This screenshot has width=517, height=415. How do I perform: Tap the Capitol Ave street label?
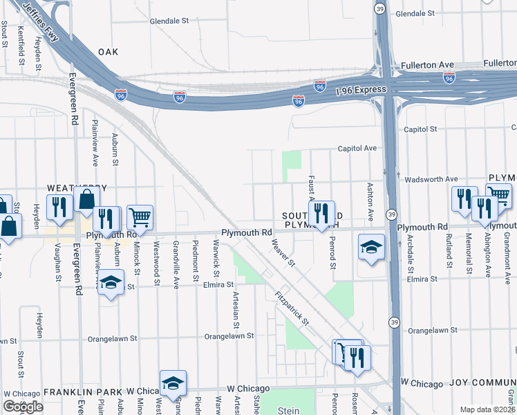coord(357,148)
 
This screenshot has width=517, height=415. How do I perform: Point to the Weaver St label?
coord(283,254)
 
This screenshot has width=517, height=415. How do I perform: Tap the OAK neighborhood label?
coord(109,52)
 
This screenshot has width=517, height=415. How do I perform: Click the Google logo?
coord(23,407)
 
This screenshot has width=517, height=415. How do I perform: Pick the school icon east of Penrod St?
coord(371,247)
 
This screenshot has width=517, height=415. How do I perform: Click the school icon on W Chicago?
coord(172,382)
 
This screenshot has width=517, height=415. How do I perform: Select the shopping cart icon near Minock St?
coord(140,217)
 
